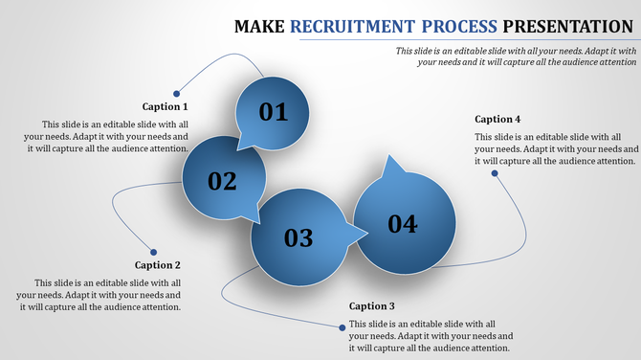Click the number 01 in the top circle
point(274,112)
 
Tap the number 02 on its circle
point(222,180)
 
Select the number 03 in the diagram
point(298,237)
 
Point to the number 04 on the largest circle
point(403,224)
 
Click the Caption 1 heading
point(166,106)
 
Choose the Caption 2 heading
point(158,265)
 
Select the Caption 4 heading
point(497,119)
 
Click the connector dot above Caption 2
point(153,253)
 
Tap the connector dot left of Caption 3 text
point(342,326)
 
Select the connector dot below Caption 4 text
point(495,173)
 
